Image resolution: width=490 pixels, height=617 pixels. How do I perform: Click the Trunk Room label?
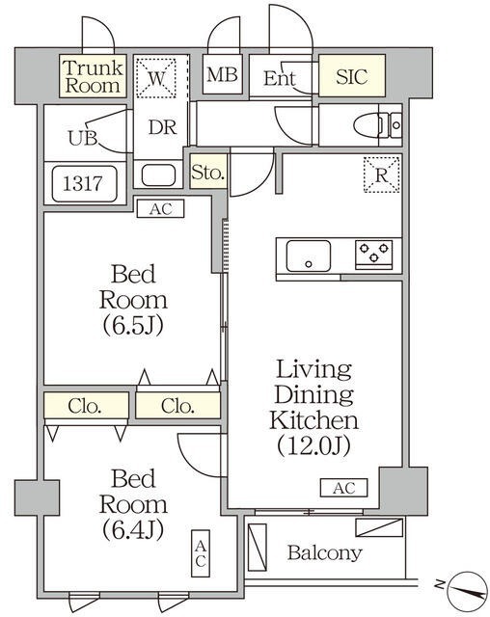coord(93,76)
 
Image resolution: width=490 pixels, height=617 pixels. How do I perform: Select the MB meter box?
coord(222,75)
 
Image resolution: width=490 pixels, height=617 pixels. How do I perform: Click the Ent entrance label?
coord(280,79)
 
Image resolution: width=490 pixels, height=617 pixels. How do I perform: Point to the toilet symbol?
coord(375,125)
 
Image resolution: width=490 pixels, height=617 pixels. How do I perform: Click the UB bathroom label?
coord(82,137)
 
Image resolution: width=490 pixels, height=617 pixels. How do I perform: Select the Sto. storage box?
coord(207,174)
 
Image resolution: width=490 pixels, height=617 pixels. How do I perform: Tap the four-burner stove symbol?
coord(374,255)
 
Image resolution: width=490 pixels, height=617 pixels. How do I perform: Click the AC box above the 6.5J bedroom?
coord(159,207)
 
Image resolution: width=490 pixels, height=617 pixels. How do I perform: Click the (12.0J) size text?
coord(313,445)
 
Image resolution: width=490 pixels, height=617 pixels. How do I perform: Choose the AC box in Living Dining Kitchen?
coord(343,489)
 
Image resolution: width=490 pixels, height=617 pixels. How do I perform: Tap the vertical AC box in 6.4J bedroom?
coord(201,552)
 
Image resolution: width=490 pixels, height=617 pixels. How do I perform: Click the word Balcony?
coord(325,553)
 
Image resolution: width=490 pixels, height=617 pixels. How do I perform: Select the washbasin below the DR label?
coord(158,175)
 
